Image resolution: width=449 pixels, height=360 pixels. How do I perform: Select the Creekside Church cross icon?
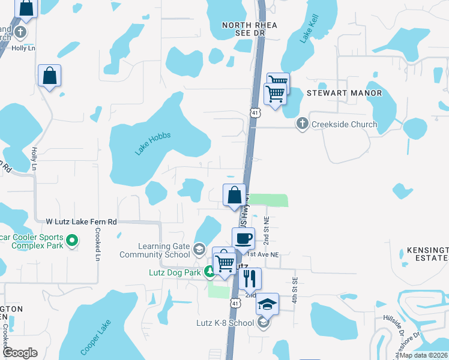point(302,125)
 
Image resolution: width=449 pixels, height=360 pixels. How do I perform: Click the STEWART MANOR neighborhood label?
point(344,94)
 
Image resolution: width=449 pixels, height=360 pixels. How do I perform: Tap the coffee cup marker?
point(243,238)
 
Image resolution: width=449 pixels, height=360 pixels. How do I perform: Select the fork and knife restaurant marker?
point(250,278)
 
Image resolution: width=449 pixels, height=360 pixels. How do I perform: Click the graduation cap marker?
point(267,304)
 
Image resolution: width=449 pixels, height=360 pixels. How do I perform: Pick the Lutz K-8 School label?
point(225,323)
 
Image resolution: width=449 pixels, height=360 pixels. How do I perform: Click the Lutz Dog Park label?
point(173,272)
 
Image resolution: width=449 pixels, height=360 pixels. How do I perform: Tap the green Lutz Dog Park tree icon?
point(209,272)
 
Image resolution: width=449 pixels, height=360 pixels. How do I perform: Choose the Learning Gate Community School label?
point(164,250)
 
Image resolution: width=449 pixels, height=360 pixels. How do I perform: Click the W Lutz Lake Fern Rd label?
point(82,222)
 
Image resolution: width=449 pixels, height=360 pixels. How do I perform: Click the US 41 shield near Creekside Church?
point(255,112)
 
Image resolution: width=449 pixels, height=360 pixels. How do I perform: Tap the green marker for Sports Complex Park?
point(72,241)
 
